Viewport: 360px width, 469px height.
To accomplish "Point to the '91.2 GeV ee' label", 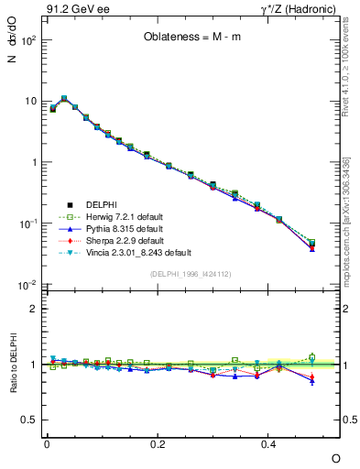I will [x=70, y=8].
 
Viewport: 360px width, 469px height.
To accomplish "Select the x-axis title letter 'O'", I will [x=335, y=457].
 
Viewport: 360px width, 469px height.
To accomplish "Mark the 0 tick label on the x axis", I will [x=46, y=443].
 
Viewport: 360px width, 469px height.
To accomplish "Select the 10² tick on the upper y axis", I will [x=28, y=40].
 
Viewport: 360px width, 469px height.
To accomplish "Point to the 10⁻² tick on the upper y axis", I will [x=28, y=285].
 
